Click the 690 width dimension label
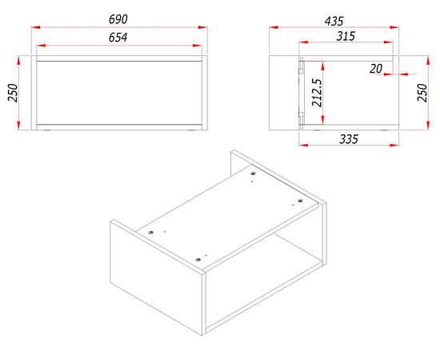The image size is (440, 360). [118, 19]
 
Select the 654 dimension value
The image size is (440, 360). [118, 38]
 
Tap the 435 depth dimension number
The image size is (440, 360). [334, 21]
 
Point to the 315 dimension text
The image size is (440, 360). [346, 36]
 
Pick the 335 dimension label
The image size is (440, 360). [349, 139]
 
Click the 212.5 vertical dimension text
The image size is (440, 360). [317, 93]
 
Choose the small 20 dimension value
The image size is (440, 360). [376, 69]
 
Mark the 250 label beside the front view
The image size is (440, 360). [13, 93]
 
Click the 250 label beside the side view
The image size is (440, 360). [422, 93]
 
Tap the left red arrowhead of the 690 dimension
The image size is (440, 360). [36, 27]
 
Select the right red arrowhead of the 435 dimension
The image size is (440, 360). [394, 27]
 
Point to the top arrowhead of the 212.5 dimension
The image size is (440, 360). [323, 66]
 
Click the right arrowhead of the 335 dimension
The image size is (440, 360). [394, 145]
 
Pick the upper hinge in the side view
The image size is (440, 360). [302, 66]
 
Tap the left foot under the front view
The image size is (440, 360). [47, 130]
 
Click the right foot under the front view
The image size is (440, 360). [192, 130]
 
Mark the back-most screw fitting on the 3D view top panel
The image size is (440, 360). [254, 174]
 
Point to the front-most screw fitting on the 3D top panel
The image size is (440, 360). [198, 259]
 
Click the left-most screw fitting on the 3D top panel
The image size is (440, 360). [151, 232]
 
